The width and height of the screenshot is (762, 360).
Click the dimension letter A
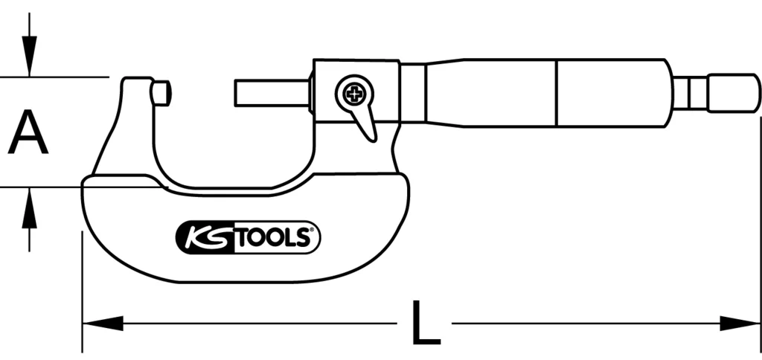coord(28,132)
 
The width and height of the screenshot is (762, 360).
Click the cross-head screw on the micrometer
coord(353,94)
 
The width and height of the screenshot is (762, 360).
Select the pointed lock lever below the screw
coord(365,122)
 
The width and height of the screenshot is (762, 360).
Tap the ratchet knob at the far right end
coord(732,92)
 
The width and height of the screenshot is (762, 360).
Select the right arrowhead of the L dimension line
coord(740,324)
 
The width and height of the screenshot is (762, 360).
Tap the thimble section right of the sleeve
coord(613,93)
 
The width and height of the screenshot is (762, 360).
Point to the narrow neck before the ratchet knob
coord(689,92)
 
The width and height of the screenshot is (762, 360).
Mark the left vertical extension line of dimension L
coord(82,290)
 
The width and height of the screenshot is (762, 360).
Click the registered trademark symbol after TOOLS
coord(314,231)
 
